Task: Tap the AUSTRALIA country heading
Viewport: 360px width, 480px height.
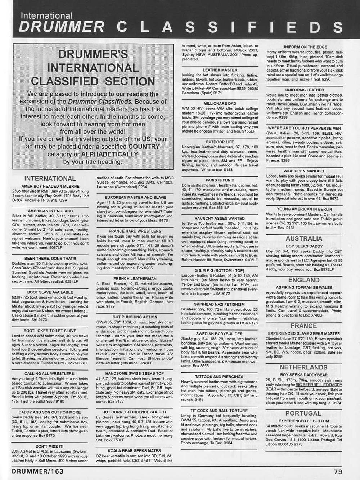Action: pos(304,238)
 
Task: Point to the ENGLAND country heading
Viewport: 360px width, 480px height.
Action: pos(304,280)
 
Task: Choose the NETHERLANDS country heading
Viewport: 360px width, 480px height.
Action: pos(303,367)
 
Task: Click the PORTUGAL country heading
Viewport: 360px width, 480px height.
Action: pos(303,413)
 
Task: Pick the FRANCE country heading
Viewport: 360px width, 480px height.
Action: pos(303,326)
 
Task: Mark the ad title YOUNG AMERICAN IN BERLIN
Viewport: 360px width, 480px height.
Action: pos(303,209)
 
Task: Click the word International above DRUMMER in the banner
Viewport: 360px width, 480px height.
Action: pos(46,15)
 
